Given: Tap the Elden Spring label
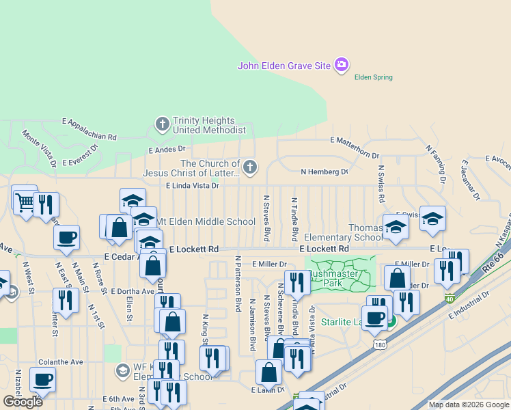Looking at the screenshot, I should coord(373,77).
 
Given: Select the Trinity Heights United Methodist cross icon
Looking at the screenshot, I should coord(162,124).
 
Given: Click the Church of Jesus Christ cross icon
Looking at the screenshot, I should coord(251,166).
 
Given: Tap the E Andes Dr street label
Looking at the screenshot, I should coord(167,149).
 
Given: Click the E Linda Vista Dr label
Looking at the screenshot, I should coord(192,185).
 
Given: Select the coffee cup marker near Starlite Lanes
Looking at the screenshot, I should coord(374,318).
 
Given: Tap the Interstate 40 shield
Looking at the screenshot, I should coord(449,298).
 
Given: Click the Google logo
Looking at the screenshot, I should coord(23,401).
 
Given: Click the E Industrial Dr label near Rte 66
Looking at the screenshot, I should coord(469,305).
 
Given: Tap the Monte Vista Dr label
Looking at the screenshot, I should coord(39,148).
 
